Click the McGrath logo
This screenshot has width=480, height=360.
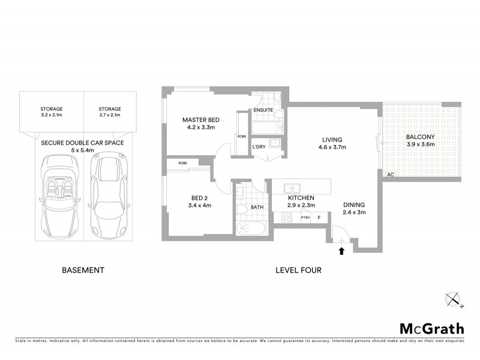[x=431, y=328]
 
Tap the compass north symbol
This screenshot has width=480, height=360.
[x=453, y=298]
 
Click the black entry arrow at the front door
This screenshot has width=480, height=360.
[x=341, y=251]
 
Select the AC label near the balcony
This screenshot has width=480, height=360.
[x=390, y=175]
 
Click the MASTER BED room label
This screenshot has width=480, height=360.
[x=201, y=120]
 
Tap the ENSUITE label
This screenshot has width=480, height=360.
[x=263, y=110]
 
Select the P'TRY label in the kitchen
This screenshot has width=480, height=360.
[x=305, y=218]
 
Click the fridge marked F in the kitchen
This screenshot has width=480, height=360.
[x=319, y=218]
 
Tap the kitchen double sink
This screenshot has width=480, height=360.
[x=292, y=187]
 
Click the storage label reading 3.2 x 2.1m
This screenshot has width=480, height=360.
[x=52, y=115]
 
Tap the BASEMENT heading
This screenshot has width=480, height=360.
[x=83, y=271]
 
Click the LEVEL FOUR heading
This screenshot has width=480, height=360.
[x=298, y=271]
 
